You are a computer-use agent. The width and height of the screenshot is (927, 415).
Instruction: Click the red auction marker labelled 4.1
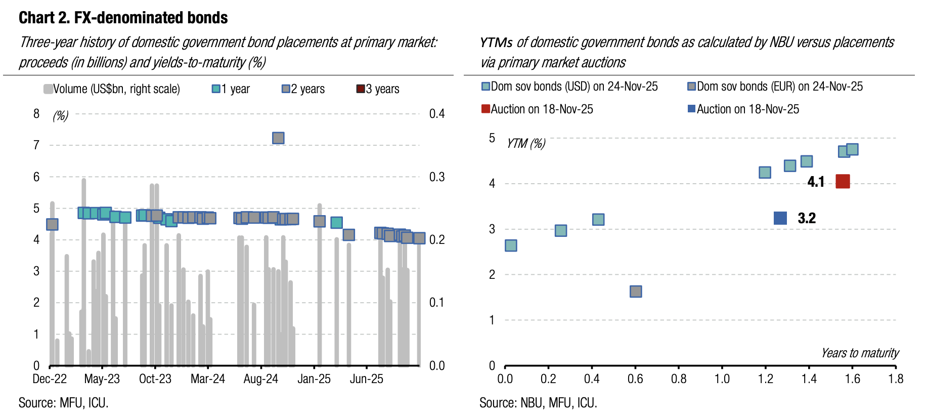pyautogui.click(x=843, y=181)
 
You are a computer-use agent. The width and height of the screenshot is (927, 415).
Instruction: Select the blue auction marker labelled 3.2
pyautogui.click(x=780, y=218)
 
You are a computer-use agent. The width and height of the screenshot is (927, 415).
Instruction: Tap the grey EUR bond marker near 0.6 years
pyautogui.click(x=636, y=292)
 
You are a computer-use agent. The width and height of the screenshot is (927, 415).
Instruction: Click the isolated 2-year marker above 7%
pyautogui.click(x=278, y=138)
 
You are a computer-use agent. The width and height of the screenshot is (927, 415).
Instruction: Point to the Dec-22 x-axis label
pyautogui.click(x=50, y=379)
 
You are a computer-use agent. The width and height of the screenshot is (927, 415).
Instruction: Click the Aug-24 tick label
pyautogui.click(x=260, y=379)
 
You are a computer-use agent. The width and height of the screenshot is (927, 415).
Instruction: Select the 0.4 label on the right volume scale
pyautogui.click(x=437, y=114)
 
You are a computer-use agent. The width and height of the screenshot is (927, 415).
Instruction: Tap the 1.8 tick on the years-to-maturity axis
pyautogui.click(x=896, y=379)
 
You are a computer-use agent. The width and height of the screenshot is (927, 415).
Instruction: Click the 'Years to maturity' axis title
pyautogui.click(x=860, y=353)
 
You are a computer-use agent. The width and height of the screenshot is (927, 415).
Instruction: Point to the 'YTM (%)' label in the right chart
pyautogui.click(x=526, y=144)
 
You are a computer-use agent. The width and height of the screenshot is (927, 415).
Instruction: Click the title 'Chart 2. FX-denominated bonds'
pyautogui.click(x=123, y=18)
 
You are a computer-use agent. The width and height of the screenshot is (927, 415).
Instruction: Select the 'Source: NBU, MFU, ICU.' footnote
pyautogui.click(x=538, y=403)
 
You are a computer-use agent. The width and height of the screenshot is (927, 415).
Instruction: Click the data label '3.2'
pyautogui.click(x=807, y=218)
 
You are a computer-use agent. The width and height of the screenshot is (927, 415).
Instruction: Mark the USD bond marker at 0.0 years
pyautogui.click(x=511, y=245)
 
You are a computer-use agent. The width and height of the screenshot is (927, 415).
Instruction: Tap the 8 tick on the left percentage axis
pyautogui.click(x=36, y=114)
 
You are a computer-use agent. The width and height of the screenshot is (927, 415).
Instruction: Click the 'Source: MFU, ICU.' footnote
pyautogui.click(x=64, y=403)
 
